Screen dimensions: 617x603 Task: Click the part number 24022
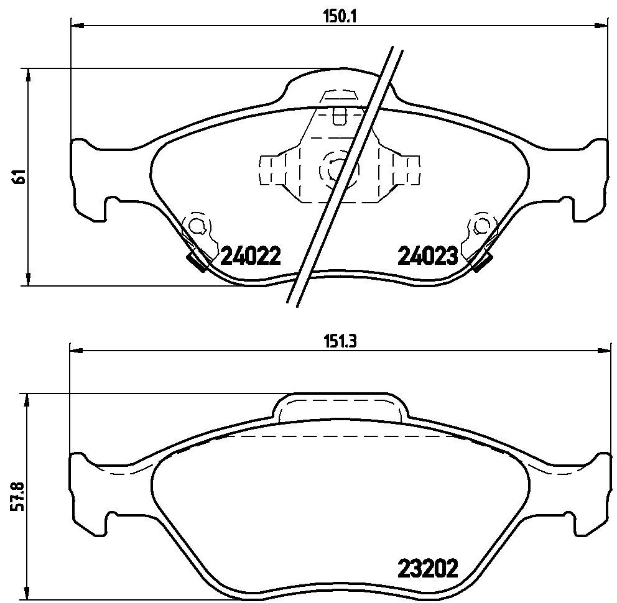tap(251, 256)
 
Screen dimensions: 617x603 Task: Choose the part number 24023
tap(428, 256)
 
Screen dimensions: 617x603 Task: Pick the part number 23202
tap(428, 568)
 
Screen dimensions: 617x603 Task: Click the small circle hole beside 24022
tap(195, 226)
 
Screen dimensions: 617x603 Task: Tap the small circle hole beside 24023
tap(480, 226)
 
